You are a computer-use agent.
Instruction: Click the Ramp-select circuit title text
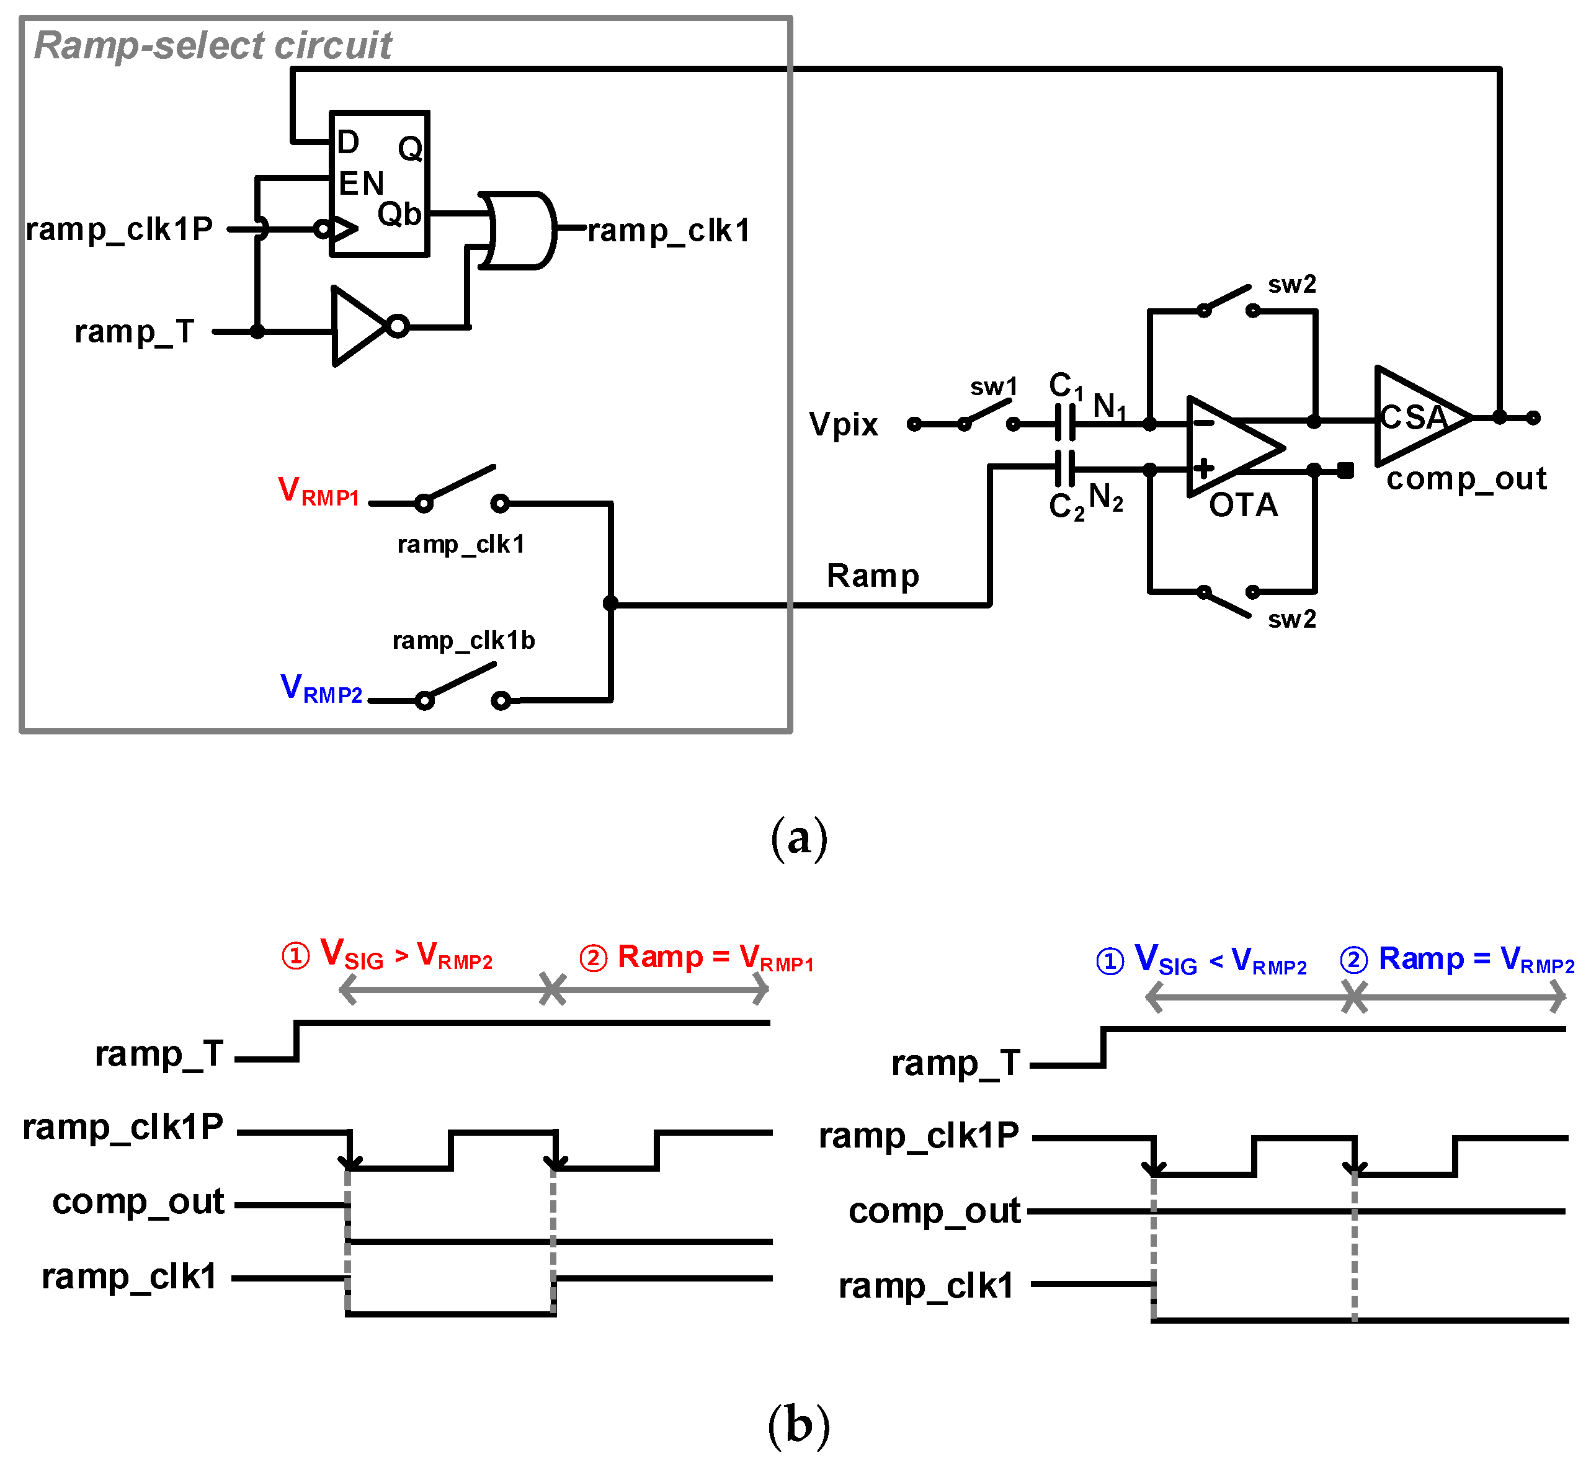click(212, 45)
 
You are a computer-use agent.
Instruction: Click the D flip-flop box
click(380, 184)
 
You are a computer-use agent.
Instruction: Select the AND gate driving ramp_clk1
click(518, 230)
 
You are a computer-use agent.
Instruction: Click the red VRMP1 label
click(319, 491)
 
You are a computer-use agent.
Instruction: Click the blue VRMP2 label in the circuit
click(321, 689)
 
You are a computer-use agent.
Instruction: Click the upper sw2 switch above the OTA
click(1227, 301)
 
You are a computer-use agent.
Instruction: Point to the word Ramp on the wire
click(873, 576)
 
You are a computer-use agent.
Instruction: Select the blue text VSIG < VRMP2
click(1203, 960)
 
